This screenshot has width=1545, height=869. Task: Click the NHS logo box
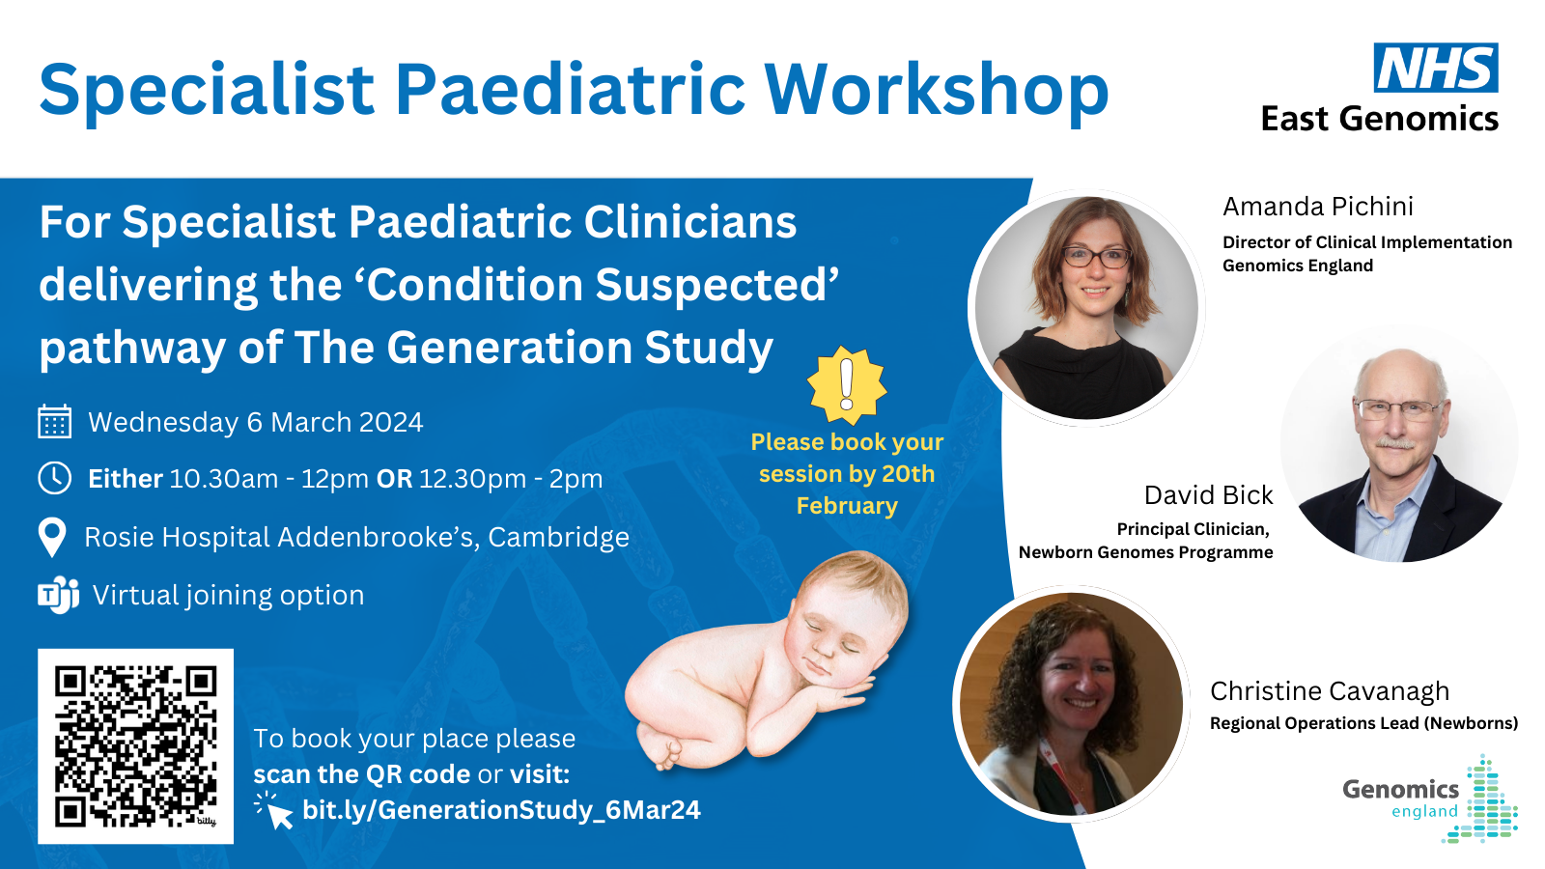1435,67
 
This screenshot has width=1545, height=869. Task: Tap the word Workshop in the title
936,91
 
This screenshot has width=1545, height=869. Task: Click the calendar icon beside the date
54,421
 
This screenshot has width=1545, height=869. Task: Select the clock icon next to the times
54,478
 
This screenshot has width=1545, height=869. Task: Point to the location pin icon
52,537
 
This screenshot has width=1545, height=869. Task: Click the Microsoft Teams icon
59,595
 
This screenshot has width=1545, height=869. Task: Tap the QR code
136,746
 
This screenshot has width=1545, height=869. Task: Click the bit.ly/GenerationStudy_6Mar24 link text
501,810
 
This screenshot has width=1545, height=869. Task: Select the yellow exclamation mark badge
847,385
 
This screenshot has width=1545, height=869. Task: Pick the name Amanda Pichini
1318,207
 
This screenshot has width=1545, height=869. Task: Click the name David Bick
1208,494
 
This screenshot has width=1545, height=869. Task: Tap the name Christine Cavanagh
1330,691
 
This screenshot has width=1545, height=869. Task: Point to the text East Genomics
1380,119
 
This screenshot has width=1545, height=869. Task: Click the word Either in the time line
126,478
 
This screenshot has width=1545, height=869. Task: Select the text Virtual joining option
228,595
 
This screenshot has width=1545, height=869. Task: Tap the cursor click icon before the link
274,810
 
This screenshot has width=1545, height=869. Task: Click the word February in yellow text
847,506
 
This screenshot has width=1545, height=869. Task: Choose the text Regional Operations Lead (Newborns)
1364,723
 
